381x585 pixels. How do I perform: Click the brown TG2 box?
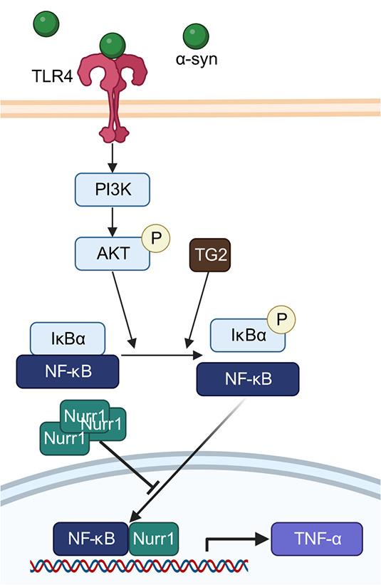(x=209, y=255)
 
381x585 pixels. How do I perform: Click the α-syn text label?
(x=197, y=59)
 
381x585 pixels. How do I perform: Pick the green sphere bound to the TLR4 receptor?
(x=113, y=45)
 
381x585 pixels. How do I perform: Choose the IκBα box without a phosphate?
(x=68, y=338)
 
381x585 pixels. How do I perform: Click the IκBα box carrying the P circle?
(x=248, y=335)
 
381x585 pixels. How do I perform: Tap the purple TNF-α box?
(x=317, y=539)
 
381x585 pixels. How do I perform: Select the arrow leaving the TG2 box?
(x=199, y=306)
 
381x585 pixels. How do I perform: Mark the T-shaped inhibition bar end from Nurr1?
(x=152, y=488)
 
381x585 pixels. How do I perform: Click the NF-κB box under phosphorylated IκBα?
(x=247, y=378)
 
